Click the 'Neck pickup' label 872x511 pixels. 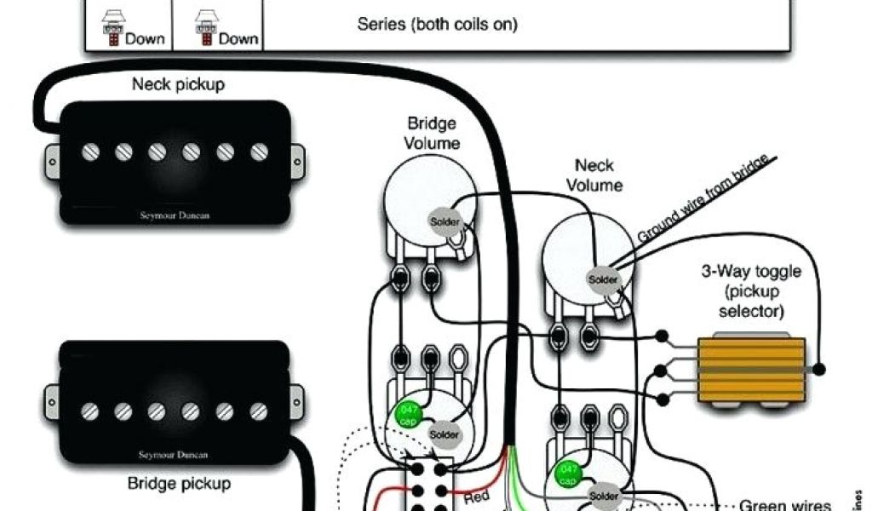(177, 84)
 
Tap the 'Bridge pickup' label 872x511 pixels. (179, 484)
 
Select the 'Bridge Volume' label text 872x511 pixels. (432, 134)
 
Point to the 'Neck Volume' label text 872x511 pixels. (594, 175)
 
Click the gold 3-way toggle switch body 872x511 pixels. (751, 370)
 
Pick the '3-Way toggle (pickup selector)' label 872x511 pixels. (750, 291)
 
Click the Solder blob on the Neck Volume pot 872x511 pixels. (603, 278)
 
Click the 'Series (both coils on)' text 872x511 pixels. (437, 24)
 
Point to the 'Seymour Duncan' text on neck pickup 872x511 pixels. (174, 215)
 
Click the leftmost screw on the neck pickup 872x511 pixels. (89, 152)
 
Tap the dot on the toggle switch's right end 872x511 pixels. (819, 370)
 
